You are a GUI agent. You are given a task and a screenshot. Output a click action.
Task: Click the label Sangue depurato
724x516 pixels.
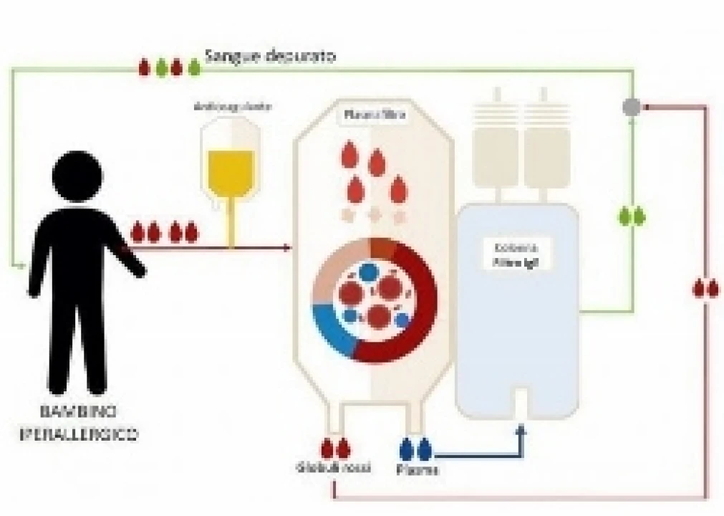click(269, 56)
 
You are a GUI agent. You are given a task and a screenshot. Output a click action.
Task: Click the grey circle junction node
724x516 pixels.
click(631, 107)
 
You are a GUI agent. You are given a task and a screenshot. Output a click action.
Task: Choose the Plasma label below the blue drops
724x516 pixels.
click(417, 470)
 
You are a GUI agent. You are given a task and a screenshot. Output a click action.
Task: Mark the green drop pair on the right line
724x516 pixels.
click(632, 216)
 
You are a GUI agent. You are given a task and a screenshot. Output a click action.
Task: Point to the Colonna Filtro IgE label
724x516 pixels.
click(516, 255)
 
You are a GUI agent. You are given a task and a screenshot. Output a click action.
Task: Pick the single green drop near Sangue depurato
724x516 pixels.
click(194, 68)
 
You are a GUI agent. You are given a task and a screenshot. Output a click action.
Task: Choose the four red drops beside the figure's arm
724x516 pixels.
click(163, 233)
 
